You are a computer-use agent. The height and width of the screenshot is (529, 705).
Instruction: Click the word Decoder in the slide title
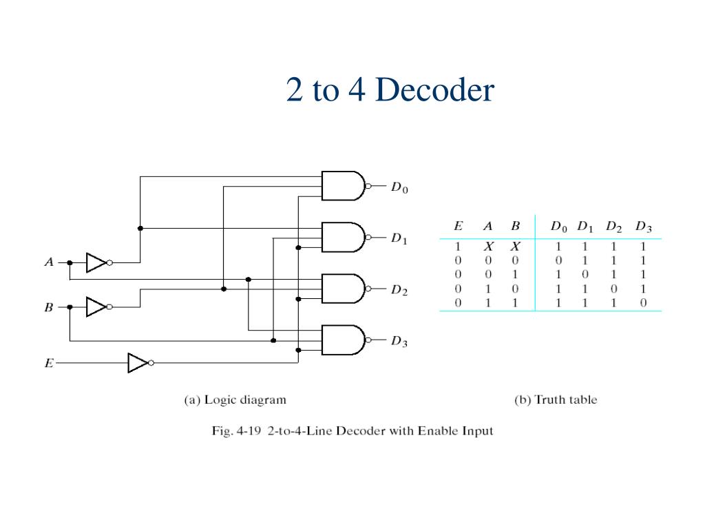(435, 90)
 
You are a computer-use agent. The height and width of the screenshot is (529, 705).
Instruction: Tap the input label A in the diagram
(49, 262)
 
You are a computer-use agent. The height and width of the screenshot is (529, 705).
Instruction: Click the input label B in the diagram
(49, 308)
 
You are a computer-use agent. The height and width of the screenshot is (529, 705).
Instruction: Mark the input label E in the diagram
(49, 363)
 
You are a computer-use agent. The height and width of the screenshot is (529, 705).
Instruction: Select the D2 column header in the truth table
(614, 227)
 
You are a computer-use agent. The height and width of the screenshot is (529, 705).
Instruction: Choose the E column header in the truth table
(459, 227)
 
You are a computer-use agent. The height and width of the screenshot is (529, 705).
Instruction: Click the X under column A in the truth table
(487, 247)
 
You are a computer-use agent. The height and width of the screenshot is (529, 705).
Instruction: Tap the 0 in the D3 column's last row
(643, 302)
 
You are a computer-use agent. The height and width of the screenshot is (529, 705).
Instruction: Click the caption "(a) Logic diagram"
(235, 400)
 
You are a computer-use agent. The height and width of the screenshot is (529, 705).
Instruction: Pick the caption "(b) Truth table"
(556, 400)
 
